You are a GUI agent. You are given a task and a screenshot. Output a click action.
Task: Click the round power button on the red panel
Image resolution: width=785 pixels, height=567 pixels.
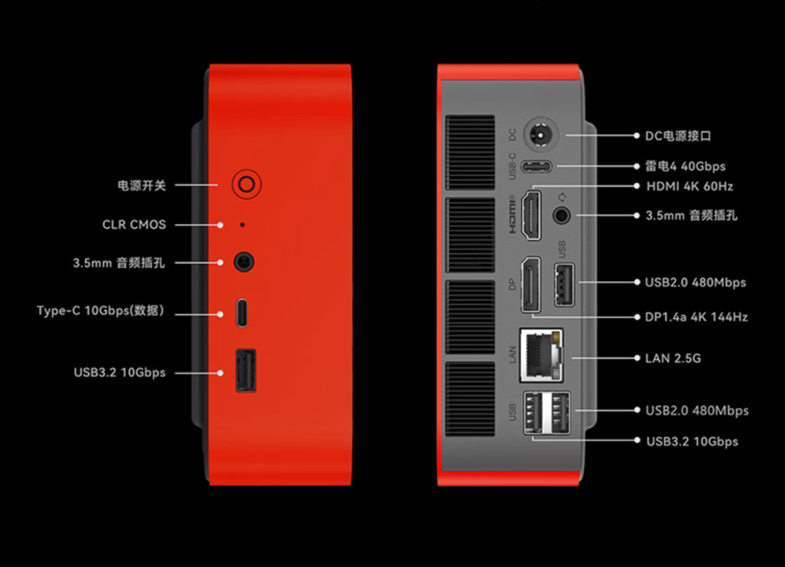[x=246, y=185]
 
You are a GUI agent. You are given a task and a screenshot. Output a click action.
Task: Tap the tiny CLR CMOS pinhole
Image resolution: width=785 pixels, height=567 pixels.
[x=242, y=225]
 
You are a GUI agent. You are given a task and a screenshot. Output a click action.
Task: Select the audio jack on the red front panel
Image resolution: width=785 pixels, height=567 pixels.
[x=243, y=262]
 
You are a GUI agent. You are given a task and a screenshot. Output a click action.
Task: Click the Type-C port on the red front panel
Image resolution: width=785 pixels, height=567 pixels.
[x=242, y=313]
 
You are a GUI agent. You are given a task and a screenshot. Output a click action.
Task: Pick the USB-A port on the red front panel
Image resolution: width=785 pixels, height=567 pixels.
[x=246, y=370]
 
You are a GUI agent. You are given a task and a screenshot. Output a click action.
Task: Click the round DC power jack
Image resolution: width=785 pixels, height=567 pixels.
[x=541, y=134]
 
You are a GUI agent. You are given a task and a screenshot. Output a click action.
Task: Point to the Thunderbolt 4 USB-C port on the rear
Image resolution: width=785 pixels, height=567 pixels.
[x=536, y=166]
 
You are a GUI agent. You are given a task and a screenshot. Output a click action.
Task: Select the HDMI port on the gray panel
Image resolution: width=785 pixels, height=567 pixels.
[x=531, y=215]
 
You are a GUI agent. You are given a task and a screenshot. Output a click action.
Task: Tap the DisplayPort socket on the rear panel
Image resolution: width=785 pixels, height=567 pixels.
[x=531, y=285]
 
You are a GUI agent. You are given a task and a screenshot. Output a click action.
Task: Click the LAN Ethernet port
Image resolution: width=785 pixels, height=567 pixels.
[x=542, y=355]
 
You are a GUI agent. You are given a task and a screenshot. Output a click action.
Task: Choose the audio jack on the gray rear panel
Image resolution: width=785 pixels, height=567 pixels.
[x=561, y=215]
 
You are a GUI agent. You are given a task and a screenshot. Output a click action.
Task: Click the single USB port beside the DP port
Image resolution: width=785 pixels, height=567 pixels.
[x=564, y=284]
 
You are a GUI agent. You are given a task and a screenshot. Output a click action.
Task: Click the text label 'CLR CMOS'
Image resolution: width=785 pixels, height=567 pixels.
[x=134, y=225]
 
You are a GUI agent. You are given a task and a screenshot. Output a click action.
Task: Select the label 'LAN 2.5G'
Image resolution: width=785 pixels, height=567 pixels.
[x=673, y=358]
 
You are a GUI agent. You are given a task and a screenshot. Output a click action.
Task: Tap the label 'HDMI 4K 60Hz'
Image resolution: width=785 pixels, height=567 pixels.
[x=689, y=186]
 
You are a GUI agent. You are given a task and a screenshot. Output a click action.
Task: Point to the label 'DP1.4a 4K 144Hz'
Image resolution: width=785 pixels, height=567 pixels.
[x=696, y=317]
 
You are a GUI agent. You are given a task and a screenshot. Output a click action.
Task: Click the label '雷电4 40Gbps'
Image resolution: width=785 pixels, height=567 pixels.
[x=685, y=166]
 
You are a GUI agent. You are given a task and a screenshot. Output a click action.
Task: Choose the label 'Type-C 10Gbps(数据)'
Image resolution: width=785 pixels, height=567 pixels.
[x=100, y=310]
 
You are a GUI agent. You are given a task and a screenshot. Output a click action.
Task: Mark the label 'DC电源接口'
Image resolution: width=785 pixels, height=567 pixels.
[x=678, y=136]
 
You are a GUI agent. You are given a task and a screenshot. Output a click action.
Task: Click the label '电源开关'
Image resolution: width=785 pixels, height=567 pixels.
[x=142, y=186]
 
